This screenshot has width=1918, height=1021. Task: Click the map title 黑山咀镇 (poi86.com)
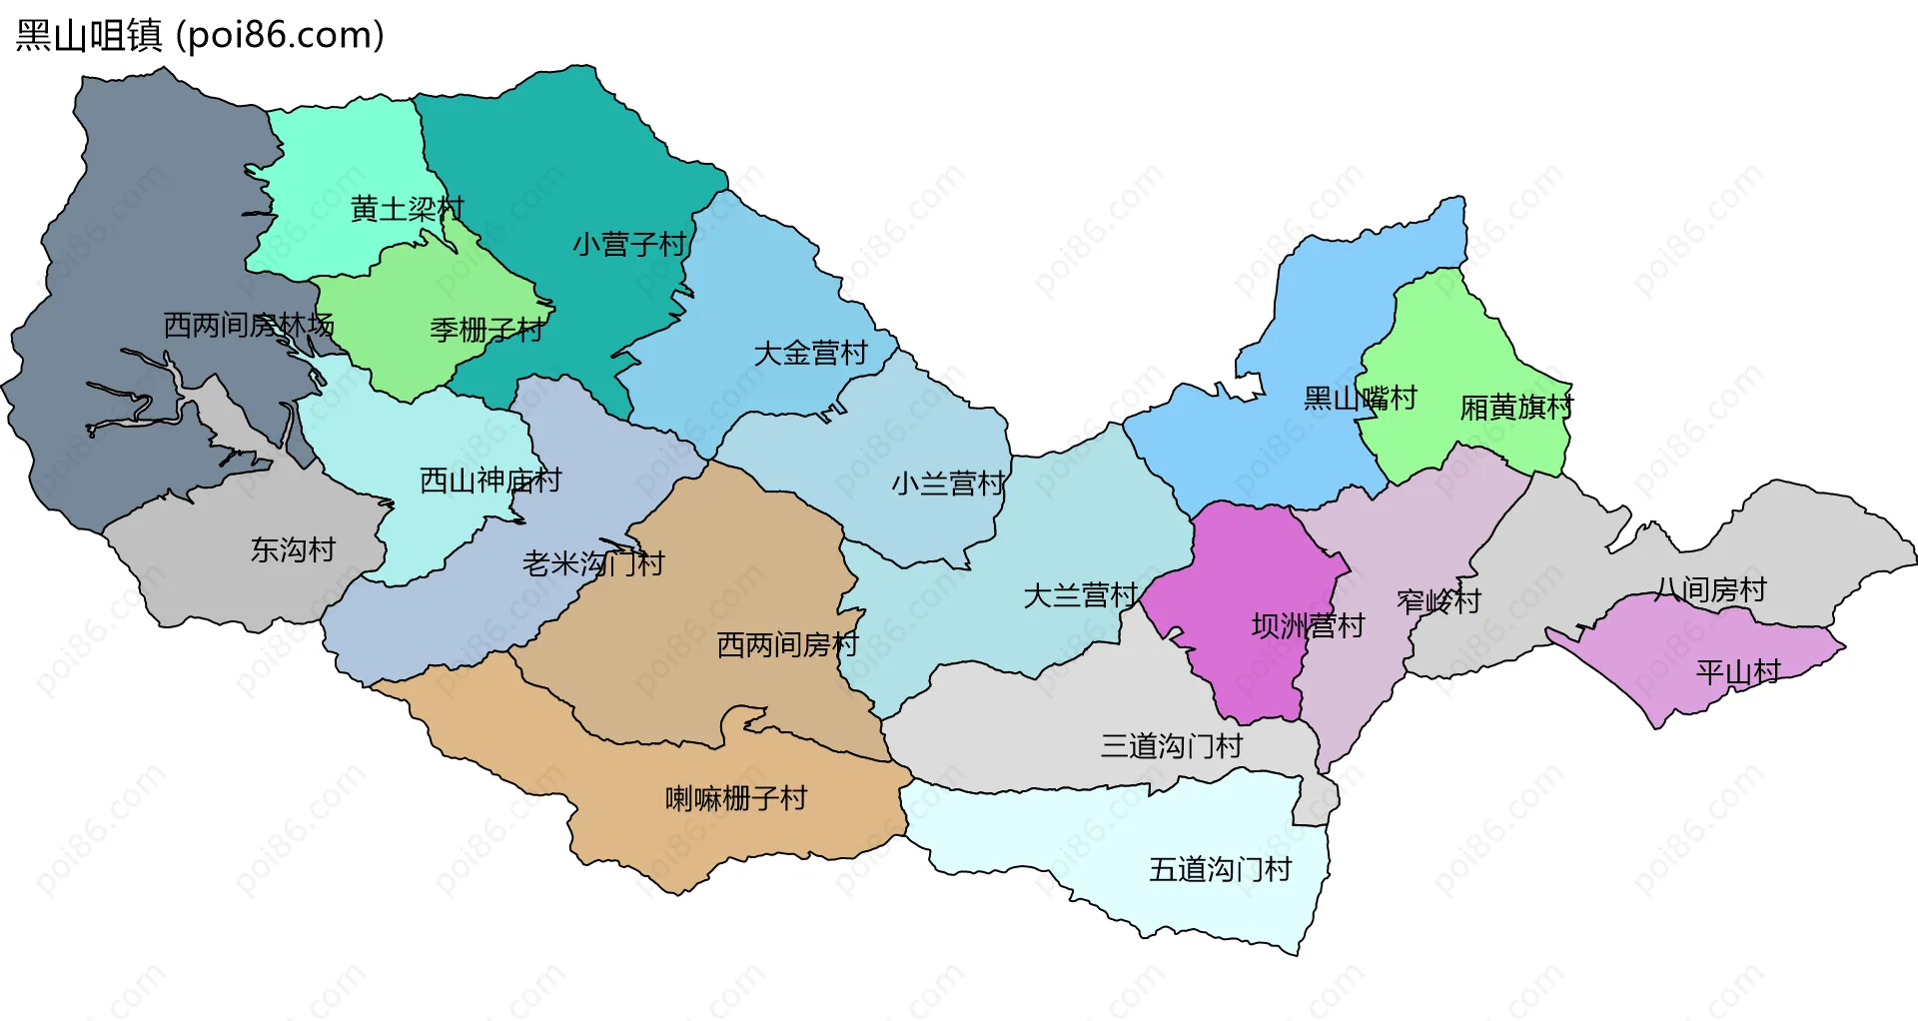tap(200, 36)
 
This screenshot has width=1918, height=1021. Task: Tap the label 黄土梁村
tap(407, 209)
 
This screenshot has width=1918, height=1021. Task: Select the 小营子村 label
tap(630, 244)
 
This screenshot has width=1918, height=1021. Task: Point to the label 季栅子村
tap(486, 329)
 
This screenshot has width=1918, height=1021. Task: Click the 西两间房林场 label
tap(249, 325)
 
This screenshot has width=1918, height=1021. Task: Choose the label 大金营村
tap(810, 353)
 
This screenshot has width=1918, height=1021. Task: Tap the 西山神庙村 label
tap(490, 481)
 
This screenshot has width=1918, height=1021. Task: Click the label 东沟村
tap(293, 549)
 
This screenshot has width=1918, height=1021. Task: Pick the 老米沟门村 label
tap(593, 563)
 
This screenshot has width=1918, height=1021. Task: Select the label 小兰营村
tap(948, 484)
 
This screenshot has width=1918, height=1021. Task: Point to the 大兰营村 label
tap(1080, 595)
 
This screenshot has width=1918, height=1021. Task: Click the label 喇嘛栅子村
tap(736, 798)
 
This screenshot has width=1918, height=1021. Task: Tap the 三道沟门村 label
tap(1172, 745)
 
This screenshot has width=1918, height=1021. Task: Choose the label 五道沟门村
tap(1220, 869)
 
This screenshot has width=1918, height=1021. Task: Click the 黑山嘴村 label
tap(1360, 398)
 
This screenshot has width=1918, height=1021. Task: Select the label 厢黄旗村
tap(1516, 407)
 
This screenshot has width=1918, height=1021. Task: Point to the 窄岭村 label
tap(1438, 600)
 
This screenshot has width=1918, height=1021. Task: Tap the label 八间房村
tap(1710, 589)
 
